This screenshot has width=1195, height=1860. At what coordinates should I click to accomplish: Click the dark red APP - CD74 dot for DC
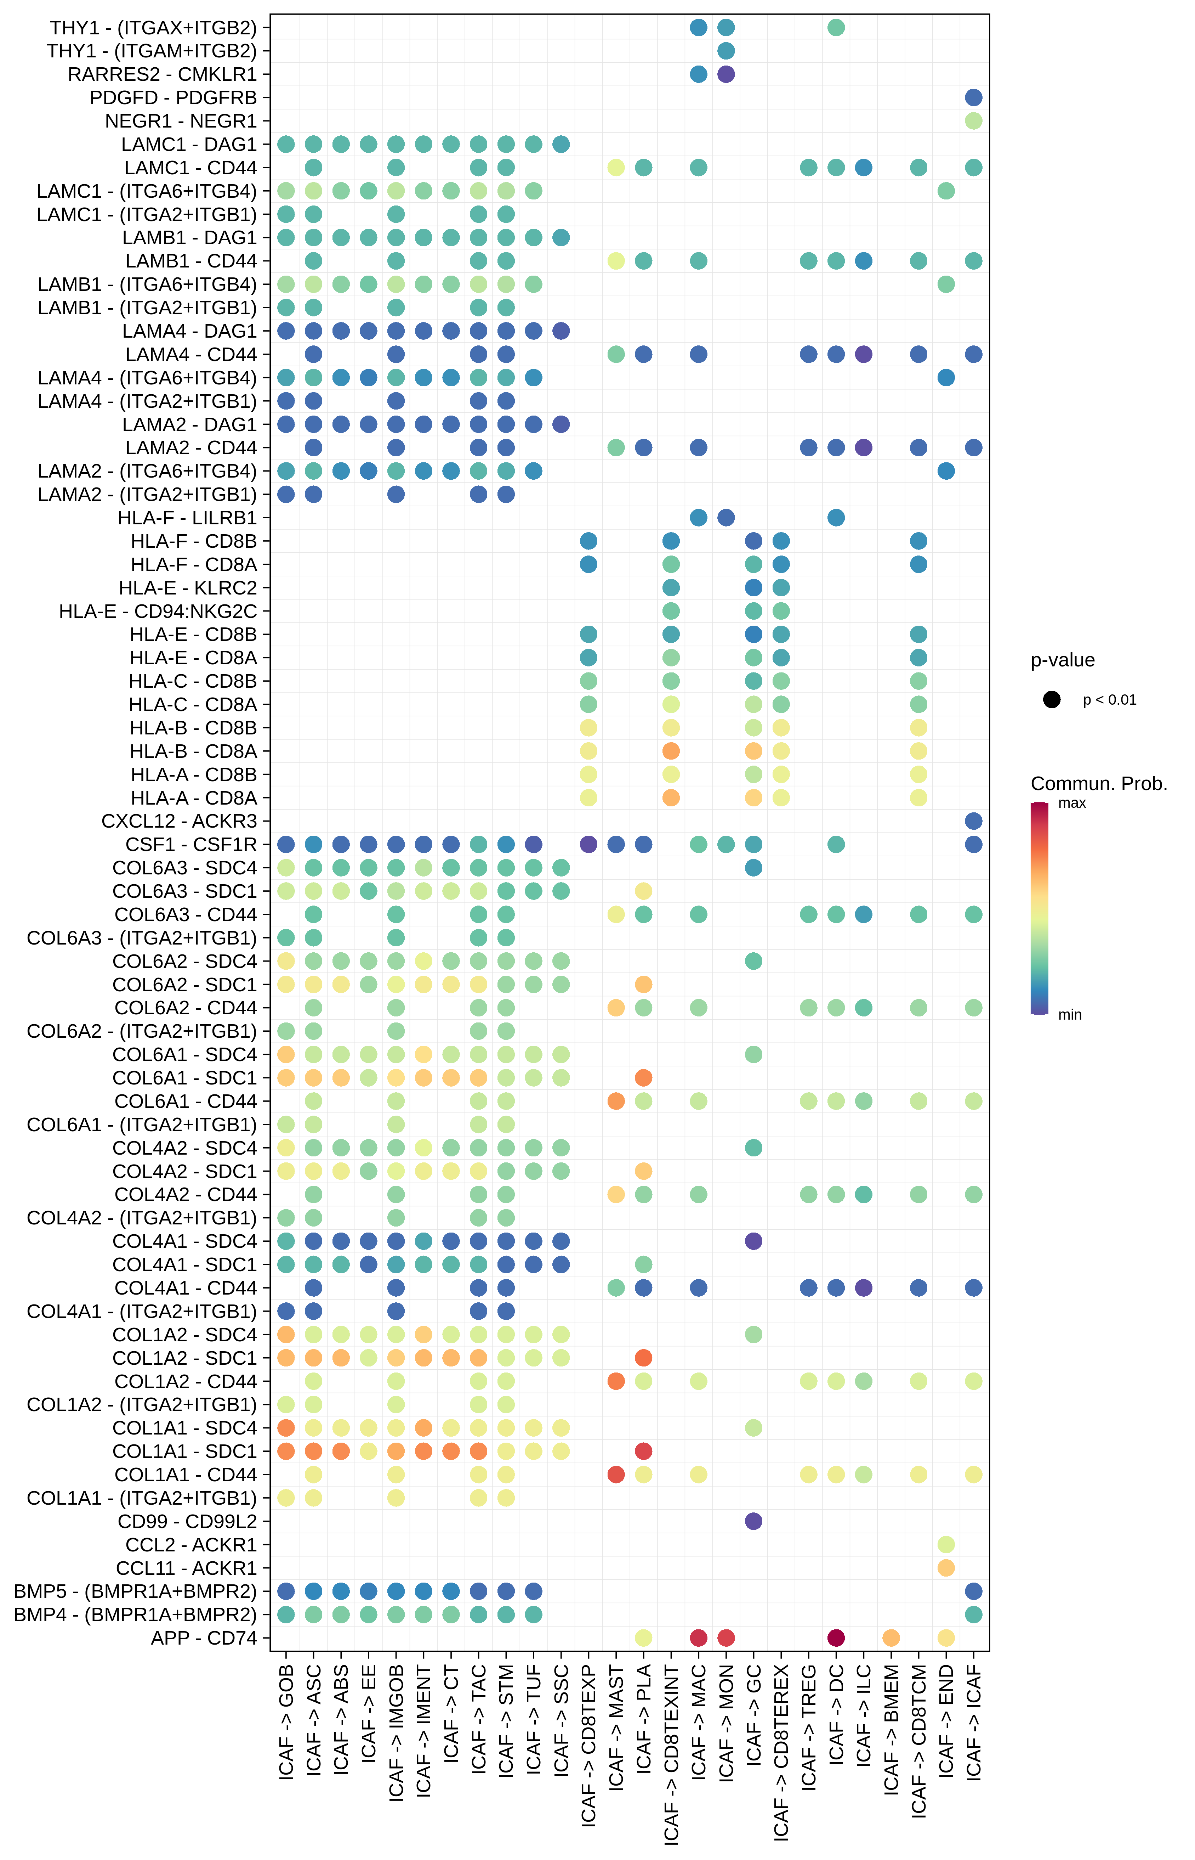(x=836, y=1638)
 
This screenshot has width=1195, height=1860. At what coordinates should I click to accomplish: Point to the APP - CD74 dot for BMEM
(x=891, y=1638)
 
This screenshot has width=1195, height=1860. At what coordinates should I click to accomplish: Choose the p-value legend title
(x=1062, y=661)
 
